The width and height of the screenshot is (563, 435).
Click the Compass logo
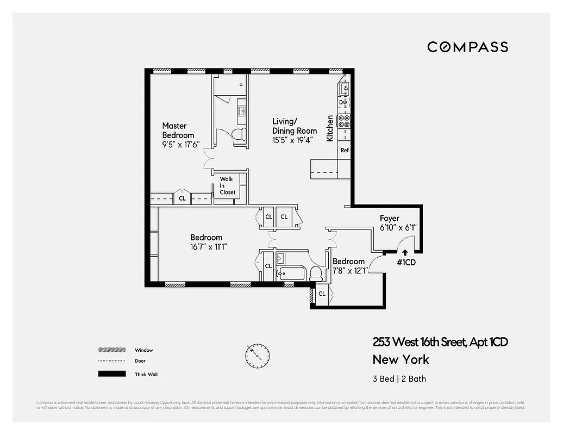(467, 47)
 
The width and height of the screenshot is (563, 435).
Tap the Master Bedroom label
(178, 130)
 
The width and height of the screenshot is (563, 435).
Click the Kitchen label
(329, 128)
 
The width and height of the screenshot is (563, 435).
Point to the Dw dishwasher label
(343, 102)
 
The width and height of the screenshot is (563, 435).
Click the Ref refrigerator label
(344, 150)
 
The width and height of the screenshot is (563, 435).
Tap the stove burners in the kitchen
(343, 121)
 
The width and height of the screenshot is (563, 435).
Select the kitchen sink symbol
(344, 88)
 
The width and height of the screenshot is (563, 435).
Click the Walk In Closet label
(227, 185)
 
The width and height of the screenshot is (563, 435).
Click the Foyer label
(390, 219)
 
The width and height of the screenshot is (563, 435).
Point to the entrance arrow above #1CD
(404, 251)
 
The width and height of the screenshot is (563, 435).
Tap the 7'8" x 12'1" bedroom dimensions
(348, 270)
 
